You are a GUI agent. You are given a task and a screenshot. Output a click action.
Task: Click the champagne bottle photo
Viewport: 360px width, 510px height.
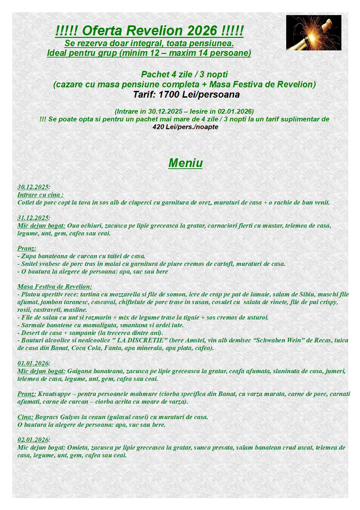(313, 32)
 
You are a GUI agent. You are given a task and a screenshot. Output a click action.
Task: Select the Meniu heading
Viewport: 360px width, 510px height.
(185, 163)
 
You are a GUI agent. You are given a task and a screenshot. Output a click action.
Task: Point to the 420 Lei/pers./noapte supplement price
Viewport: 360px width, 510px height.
(185, 127)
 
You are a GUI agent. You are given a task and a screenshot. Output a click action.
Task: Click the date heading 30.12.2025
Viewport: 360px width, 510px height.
(33, 187)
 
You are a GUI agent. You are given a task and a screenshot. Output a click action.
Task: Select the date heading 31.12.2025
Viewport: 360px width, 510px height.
(33, 218)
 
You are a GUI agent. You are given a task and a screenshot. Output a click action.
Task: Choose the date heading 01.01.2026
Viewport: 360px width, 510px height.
(33, 363)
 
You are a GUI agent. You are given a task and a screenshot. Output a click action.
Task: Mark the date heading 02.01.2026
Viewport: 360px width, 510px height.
(33, 440)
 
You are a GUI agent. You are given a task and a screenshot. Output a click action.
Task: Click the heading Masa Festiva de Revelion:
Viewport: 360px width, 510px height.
(55, 286)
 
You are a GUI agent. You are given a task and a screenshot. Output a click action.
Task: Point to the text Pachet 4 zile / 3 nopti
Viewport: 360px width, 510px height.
(184, 75)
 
